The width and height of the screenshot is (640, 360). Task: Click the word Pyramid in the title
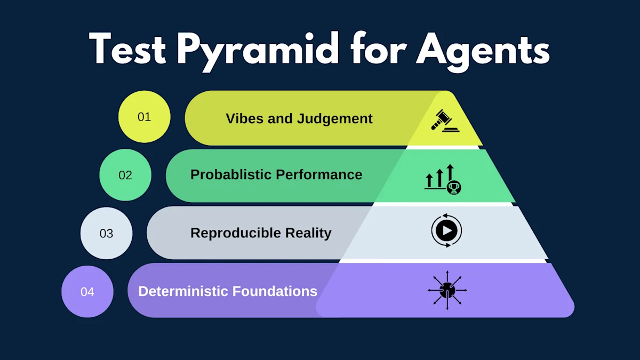pyautogui.click(x=258, y=50)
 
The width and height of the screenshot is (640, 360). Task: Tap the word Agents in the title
pyautogui.click(x=483, y=50)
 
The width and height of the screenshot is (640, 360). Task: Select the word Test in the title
pyautogui.click(x=129, y=50)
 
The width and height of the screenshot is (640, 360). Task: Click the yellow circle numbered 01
pyautogui.click(x=144, y=117)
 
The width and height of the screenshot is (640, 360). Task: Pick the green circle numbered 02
pyautogui.click(x=125, y=175)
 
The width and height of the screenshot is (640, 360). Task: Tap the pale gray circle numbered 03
pyautogui.click(x=106, y=233)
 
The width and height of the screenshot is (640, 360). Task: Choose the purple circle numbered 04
pyautogui.click(x=87, y=291)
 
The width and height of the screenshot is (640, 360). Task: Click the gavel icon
pyautogui.click(x=445, y=121)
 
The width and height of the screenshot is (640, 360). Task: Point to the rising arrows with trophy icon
pyautogui.click(x=442, y=179)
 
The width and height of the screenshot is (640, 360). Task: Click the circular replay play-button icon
pyautogui.click(x=446, y=231)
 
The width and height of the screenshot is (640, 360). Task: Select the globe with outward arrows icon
pyautogui.click(x=447, y=290)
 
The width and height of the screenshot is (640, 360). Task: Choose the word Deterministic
pyautogui.click(x=182, y=291)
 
